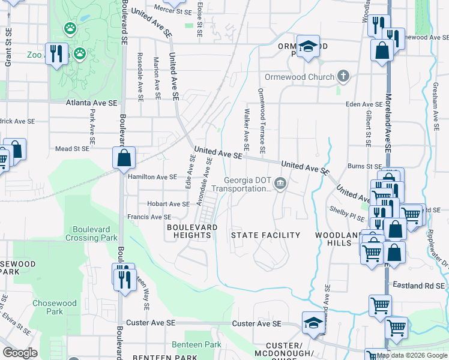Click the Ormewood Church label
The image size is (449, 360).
[x=299, y=77]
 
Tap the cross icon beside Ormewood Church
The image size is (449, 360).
[x=343, y=76]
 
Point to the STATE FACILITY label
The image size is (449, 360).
[x=265, y=235]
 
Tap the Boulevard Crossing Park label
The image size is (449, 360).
[x=95, y=233]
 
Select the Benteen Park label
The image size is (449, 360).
[x=196, y=344]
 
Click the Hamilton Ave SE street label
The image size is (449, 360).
[x=152, y=177]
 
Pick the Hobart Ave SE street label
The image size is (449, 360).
[x=155, y=204]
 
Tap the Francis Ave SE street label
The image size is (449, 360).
[x=149, y=217]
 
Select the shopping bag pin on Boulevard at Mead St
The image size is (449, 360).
[x=123, y=158]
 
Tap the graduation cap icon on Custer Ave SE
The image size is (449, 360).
[x=314, y=323]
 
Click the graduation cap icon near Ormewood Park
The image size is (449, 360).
[x=308, y=47]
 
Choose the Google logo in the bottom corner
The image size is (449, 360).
[x=20, y=353]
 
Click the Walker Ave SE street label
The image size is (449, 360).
[x=246, y=129]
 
